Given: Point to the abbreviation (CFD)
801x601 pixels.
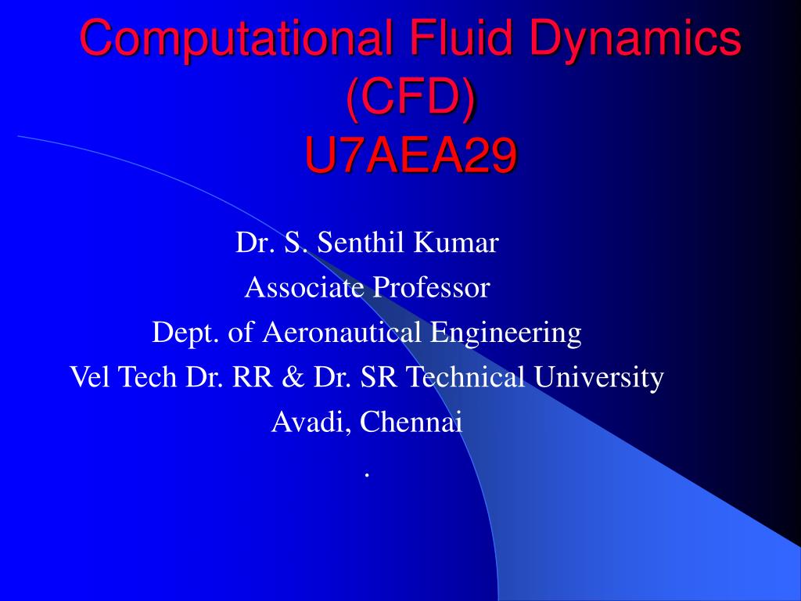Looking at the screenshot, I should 411,97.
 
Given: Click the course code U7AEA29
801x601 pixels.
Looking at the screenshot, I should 411,157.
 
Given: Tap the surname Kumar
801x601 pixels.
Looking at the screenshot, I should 456,243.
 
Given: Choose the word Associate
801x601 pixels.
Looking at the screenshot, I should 304,288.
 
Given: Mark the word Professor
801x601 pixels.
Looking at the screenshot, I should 431,288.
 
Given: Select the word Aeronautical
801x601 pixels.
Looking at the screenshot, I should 343,333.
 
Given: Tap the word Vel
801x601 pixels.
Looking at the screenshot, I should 88,378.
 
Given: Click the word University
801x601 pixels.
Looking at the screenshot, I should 599,378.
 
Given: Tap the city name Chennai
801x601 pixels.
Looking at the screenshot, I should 413,423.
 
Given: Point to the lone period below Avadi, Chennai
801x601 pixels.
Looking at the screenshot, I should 366,474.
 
